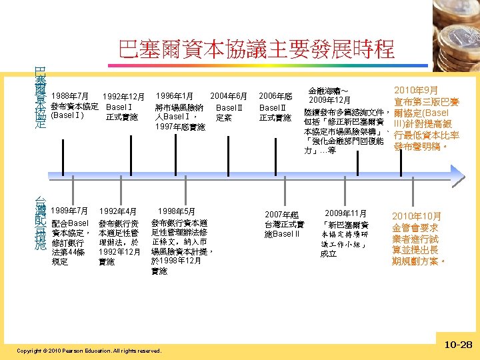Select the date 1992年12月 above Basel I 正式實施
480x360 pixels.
point(123,97)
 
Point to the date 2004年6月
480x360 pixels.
point(229,96)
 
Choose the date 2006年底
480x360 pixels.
point(275,97)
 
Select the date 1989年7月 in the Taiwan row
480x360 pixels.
point(70,211)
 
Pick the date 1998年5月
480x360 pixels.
point(177,211)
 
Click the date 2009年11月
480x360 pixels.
point(346,213)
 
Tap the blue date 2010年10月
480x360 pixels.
point(417,217)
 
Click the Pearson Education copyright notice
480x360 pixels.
point(89,350)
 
